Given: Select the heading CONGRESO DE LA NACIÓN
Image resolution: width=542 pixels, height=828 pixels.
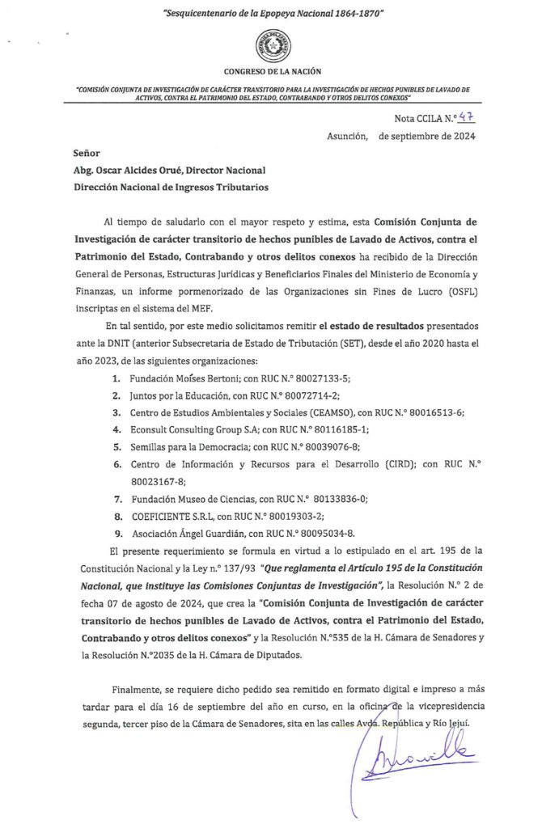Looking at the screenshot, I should [272, 72].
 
